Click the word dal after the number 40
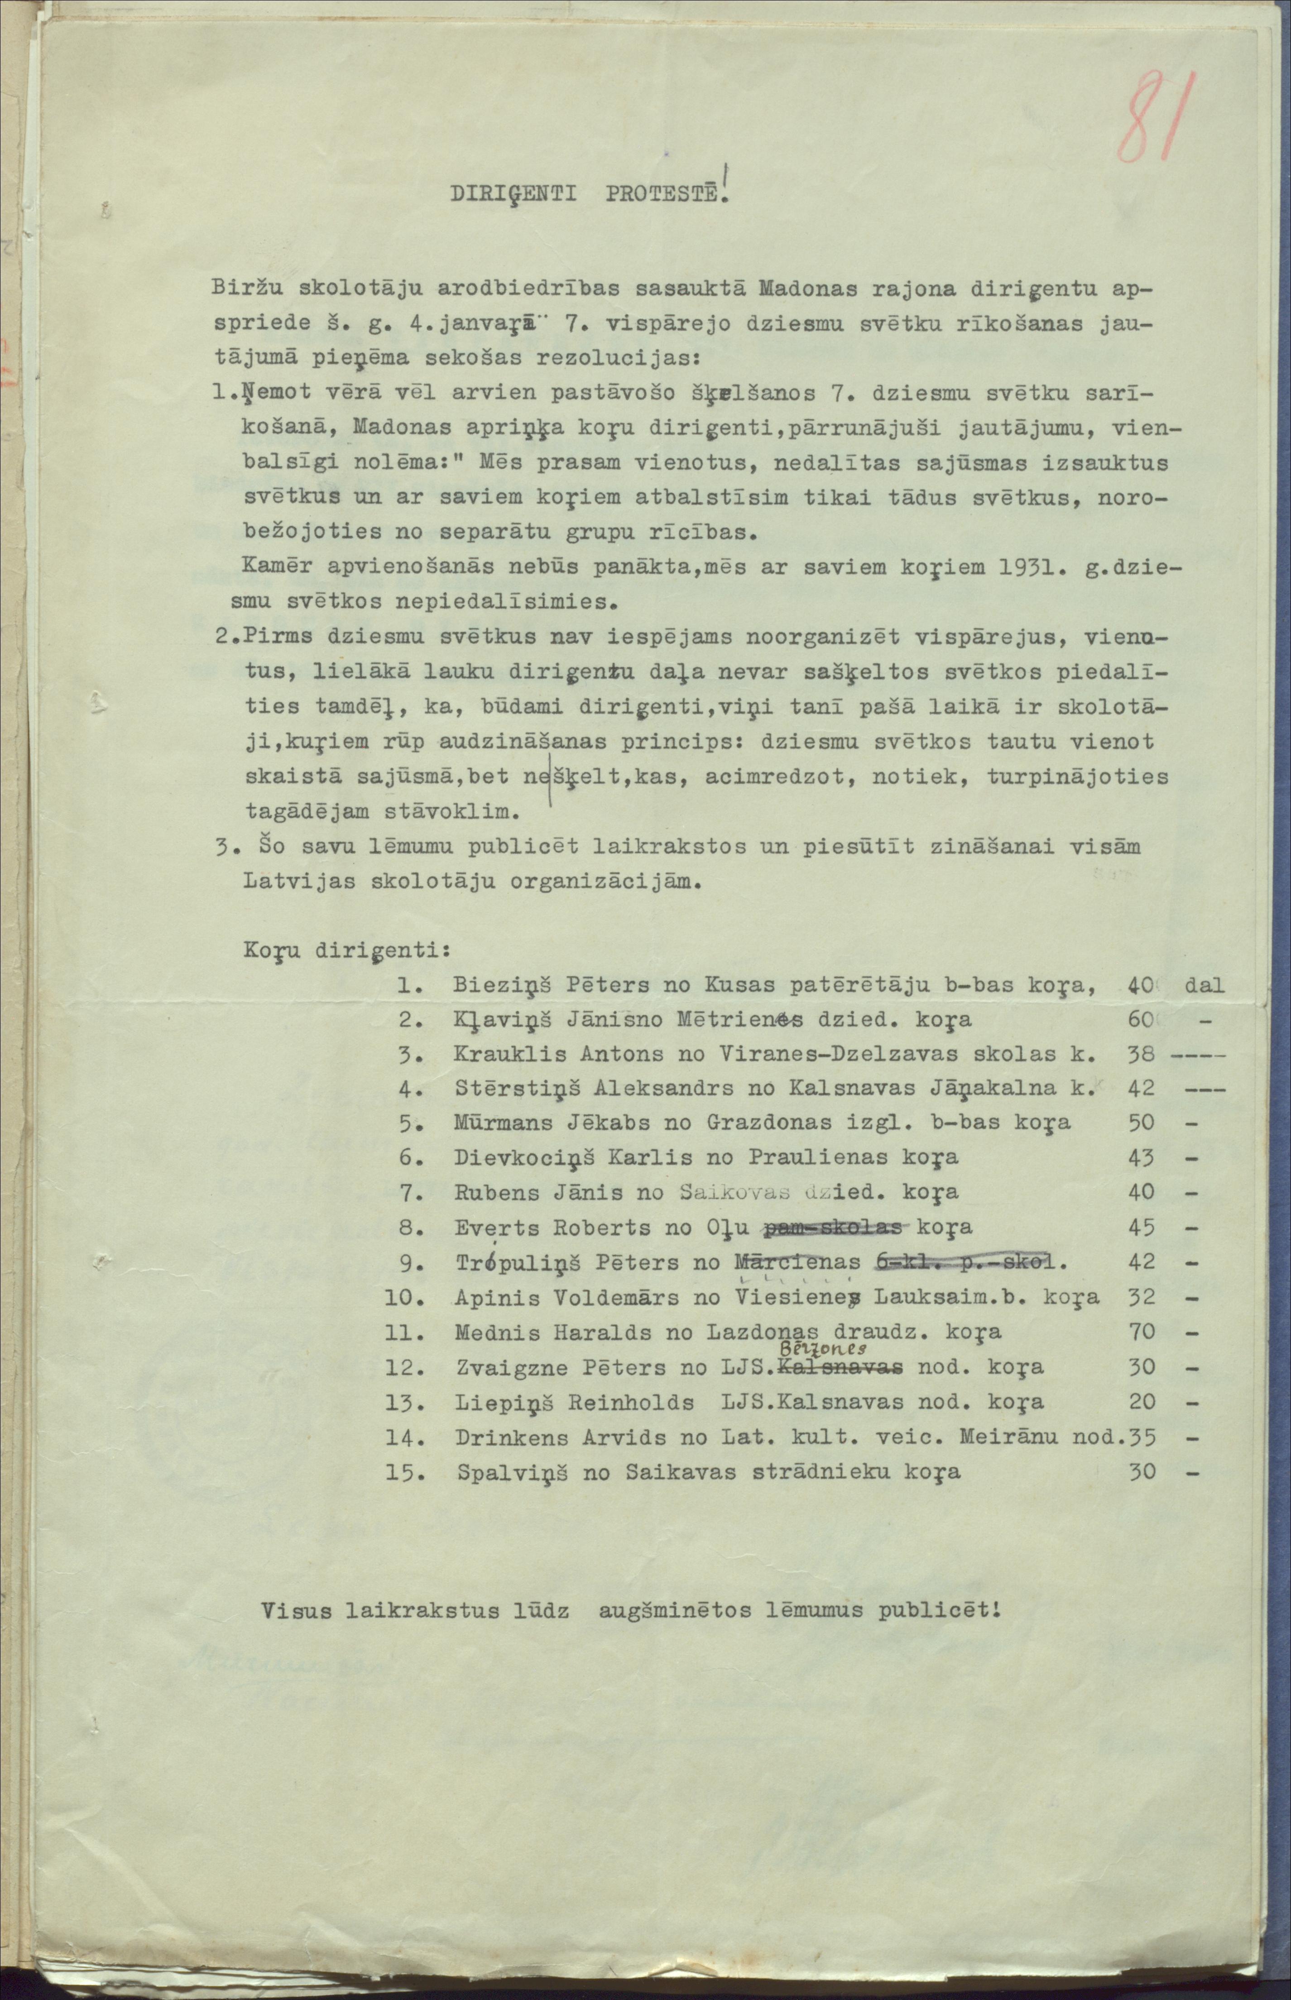click(x=1205, y=985)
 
